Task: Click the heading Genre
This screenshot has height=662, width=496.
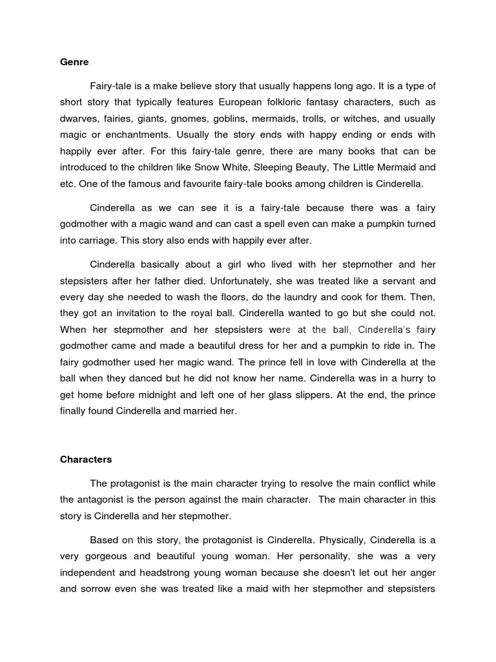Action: [74, 63]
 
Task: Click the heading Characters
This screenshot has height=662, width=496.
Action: [86, 460]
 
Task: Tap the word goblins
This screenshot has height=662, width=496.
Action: [227, 119]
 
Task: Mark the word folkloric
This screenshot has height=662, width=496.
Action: [297, 103]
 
